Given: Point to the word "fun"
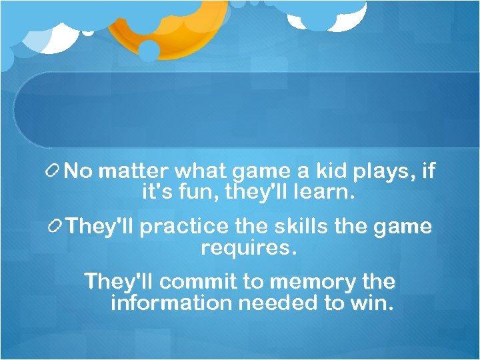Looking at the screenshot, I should click(x=201, y=194).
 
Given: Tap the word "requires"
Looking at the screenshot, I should click(x=248, y=249).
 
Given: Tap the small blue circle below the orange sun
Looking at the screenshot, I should click(x=149, y=50).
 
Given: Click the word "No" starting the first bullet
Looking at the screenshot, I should click(x=79, y=171).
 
